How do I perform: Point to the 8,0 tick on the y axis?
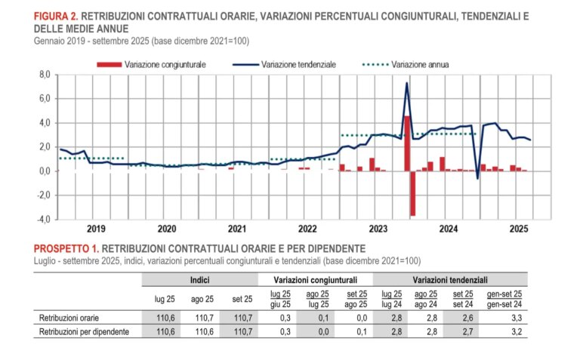pyautogui.click(x=44, y=75)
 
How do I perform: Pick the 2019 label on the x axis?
pyautogui.click(x=95, y=228)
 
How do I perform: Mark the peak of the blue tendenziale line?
pyautogui.click(x=407, y=83)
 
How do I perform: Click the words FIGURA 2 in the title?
pyautogui.click(x=55, y=14)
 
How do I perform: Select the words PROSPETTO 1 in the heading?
pyautogui.click(x=65, y=248)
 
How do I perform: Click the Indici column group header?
pyautogui.click(x=200, y=279)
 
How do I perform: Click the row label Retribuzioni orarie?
pyautogui.click(x=66, y=318)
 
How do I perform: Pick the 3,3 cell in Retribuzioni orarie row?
pyautogui.click(x=517, y=318)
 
